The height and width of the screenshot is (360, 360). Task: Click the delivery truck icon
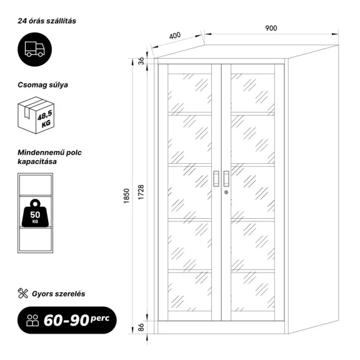(x=34, y=49)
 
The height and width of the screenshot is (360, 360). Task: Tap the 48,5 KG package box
(x=36, y=115)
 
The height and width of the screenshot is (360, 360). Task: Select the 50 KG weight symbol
(x=35, y=213)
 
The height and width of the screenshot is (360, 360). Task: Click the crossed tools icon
(x=22, y=293)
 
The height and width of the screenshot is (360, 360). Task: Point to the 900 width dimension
(x=271, y=28)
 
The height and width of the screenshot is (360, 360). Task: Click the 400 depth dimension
(x=175, y=36)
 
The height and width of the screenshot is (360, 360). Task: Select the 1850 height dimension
(x=126, y=196)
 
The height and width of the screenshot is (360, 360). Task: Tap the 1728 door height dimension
(x=141, y=192)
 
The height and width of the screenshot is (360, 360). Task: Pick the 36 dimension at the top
(x=141, y=61)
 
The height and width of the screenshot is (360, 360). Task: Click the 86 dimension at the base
(x=141, y=327)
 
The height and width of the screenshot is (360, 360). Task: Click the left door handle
(x=216, y=179)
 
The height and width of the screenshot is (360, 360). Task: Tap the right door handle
(x=226, y=179)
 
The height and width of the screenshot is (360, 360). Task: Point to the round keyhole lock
(x=226, y=192)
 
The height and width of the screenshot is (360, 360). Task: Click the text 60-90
(x=66, y=320)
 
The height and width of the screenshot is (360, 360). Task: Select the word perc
(x=100, y=319)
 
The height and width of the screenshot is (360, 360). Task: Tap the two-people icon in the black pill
(x=32, y=320)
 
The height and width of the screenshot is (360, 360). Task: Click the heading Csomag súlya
(x=42, y=85)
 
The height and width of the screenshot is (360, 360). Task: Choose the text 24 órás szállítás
(x=47, y=21)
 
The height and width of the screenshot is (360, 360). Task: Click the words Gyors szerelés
(x=59, y=294)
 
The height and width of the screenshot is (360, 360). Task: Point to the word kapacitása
(x=37, y=161)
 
